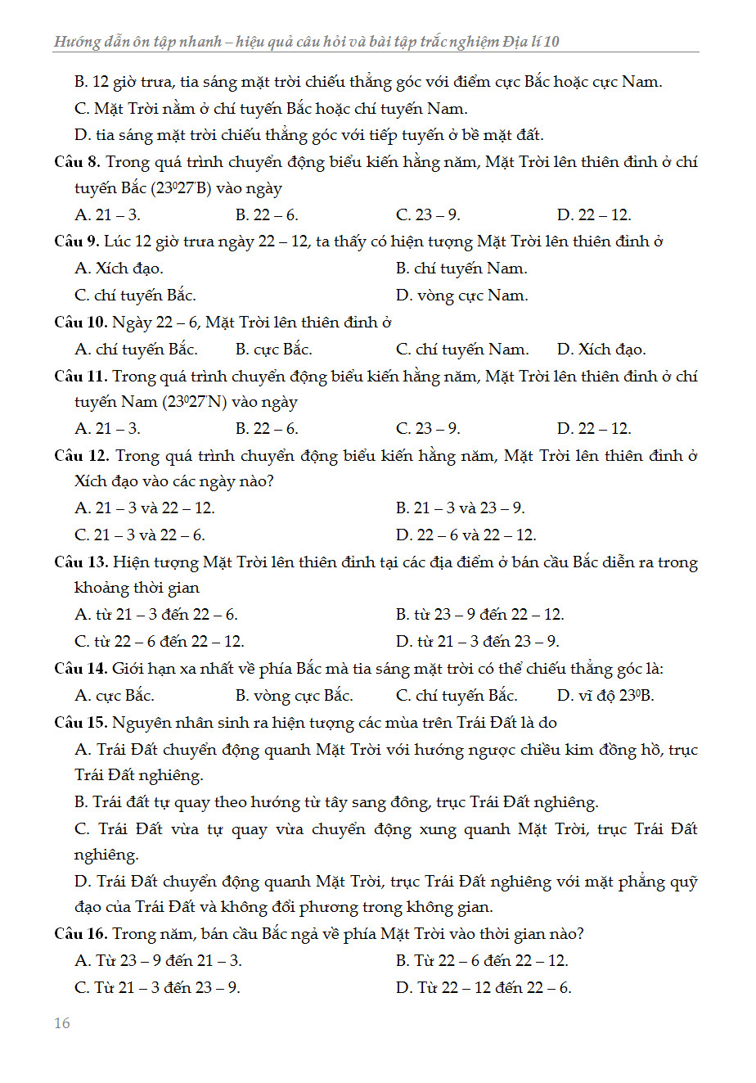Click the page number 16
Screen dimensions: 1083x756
point(62,1023)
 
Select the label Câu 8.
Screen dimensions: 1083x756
point(78,162)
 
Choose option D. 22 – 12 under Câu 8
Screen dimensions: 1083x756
point(594,215)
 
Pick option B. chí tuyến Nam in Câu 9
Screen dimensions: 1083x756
point(461,268)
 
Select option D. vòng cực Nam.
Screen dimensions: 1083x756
point(461,296)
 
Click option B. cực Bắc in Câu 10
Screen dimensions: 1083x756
point(274,350)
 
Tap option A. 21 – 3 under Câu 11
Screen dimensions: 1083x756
point(107,429)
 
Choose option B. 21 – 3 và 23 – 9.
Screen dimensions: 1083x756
point(460,508)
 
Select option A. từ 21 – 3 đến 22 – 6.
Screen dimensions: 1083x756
point(156,615)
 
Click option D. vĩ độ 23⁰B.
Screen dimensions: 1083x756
point(605,696)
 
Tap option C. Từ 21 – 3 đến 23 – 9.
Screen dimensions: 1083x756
point(157,988)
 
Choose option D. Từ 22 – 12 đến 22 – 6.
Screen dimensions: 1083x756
point(484,988)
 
